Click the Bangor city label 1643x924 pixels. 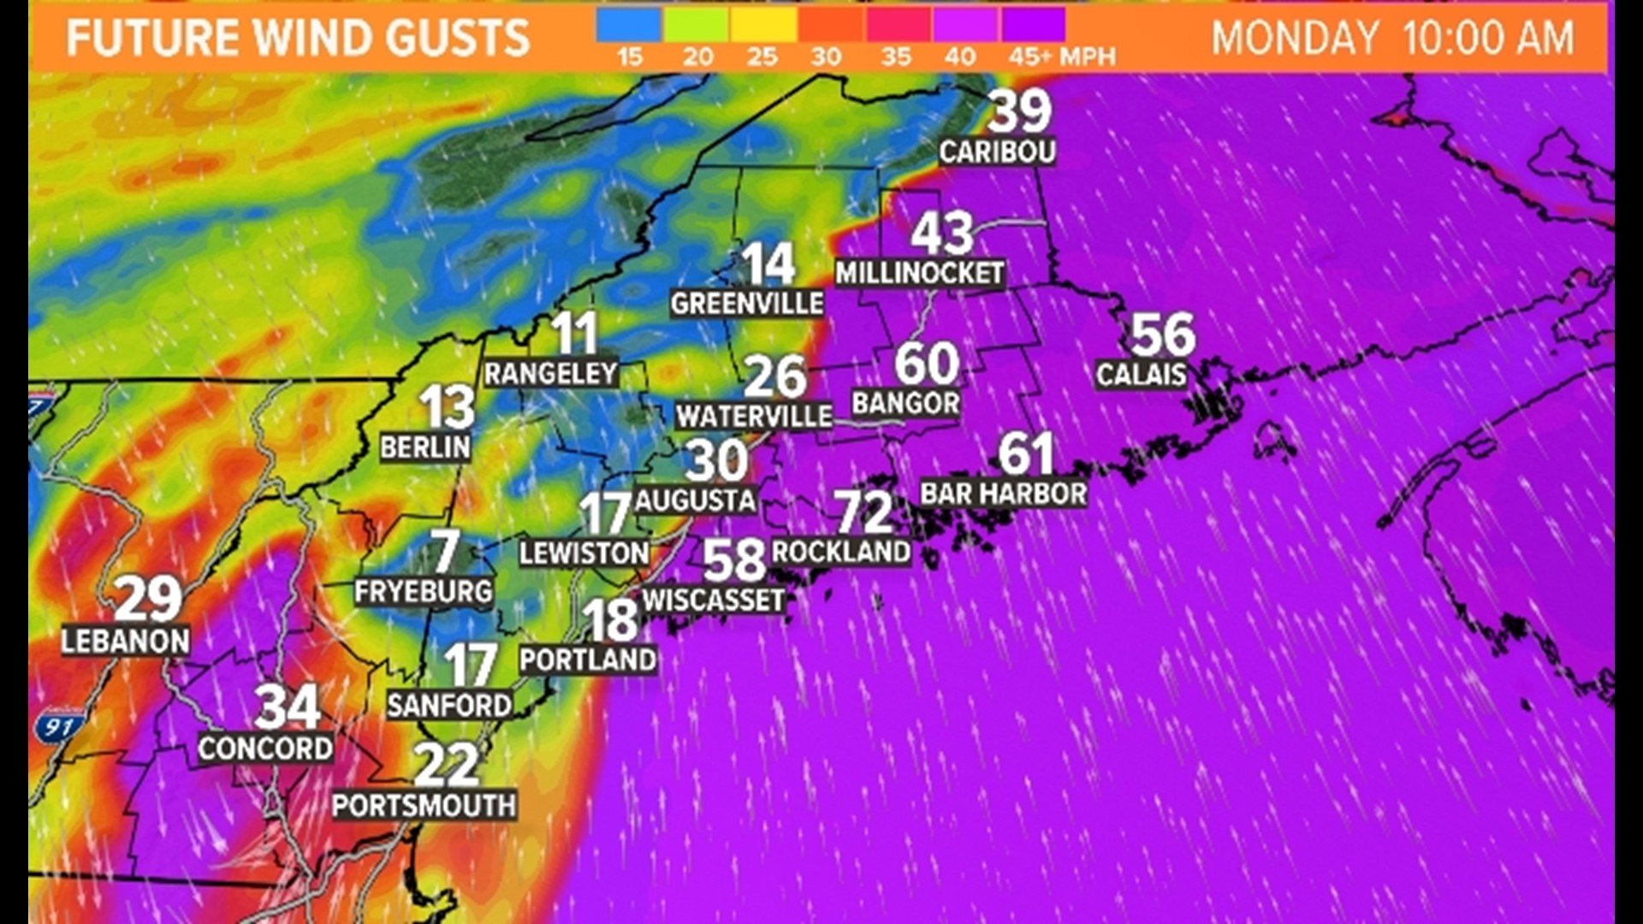point(905,403)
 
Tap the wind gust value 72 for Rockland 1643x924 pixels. point(863,512)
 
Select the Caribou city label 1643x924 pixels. point(997,152)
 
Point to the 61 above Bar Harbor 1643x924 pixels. point(1025,453)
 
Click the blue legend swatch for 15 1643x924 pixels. point(628,26)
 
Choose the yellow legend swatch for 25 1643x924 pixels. point(763,26)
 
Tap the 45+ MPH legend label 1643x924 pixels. point(1061,57)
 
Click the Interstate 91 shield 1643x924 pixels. point(59,727)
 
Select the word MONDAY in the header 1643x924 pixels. point(1294,38)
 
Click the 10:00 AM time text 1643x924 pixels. point(1487,38)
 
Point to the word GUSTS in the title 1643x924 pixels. point(457,38)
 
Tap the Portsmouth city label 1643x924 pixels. point(424,805)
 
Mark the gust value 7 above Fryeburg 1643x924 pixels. point(445,551)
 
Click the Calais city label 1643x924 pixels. point(1141,375)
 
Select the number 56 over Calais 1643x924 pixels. point(1162,335)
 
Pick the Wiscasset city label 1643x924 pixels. point(713,601)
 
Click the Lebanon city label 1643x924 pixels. point(125,642)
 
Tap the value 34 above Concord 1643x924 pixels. point(287,707)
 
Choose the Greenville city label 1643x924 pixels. point(746,303)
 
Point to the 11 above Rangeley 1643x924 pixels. point(573,333)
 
